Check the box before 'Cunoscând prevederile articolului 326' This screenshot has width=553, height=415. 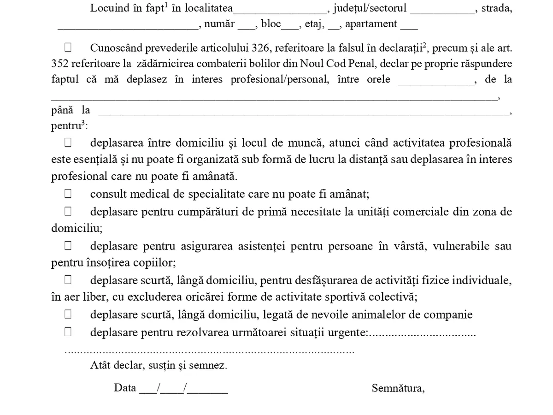click(68, 47)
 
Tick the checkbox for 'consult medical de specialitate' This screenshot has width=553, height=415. click(68, 194)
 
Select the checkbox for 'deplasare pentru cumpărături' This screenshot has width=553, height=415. click(68, 212)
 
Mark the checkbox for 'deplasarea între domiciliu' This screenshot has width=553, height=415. click(68, 142)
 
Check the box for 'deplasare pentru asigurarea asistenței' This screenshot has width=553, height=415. click(68, 246)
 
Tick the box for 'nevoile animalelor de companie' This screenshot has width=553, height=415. click(68, 314)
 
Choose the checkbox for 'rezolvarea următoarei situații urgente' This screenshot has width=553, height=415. click(68, 332)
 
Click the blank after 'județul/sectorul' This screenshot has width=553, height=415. click(442, 10)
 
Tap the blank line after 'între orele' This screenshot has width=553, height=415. click(435, 81)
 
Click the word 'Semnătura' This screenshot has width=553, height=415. click(398, 388)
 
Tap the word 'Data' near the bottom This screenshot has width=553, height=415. click(125, 388)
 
